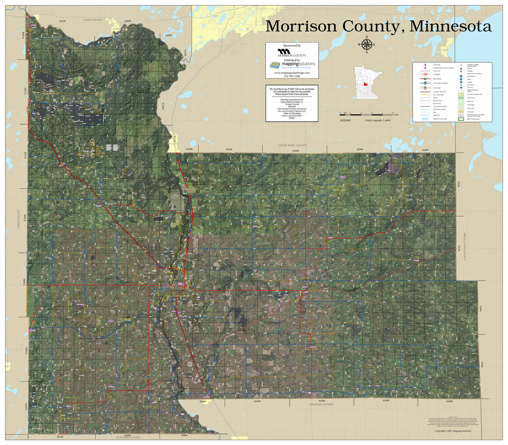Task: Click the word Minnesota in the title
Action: (x=450, y=26)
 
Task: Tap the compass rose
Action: (x=366, y=44)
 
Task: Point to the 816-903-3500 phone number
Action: (x=292, y=76)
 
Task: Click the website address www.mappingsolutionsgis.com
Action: (x=292, y=73)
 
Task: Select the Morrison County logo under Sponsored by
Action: (x=292, y=53)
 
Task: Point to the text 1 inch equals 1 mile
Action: (x=377, y=120)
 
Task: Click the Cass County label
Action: (x=93, y=20)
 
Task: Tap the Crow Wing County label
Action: (x=293, y=145)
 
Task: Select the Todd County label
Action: (x=18, y=219)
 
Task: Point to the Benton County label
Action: (x=322, y=404)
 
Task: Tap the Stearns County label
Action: (x=128, y=437)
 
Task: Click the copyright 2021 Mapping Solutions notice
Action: (x=453, y=431)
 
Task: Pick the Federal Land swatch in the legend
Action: (x=460, y=97)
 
